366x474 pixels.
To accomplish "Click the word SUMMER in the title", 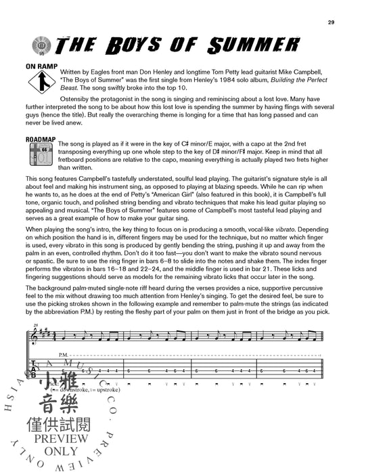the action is (x=218, y=46).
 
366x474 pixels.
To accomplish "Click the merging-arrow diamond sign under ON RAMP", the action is (x=41, y=85).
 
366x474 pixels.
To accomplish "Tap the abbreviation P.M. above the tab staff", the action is (x=64, y=354).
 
